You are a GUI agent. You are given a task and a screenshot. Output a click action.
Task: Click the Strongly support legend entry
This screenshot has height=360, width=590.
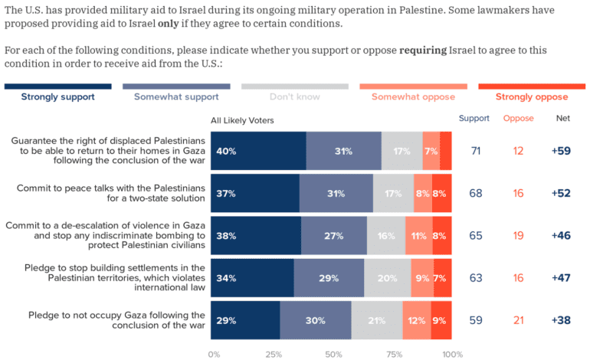point(57,97)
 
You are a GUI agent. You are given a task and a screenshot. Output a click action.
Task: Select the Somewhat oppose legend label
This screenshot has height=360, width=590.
point(413,97)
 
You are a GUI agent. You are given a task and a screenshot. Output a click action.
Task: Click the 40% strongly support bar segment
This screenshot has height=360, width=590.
point(259,151)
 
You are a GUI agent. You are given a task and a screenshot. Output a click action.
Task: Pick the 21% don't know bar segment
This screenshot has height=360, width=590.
point(376,319)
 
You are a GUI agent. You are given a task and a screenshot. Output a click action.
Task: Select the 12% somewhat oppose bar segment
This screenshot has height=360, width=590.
point(417,319)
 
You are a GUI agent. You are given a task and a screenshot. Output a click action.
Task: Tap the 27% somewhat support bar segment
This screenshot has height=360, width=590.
point(333,236)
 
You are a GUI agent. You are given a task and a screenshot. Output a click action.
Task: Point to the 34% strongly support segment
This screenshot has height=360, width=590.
point(253,278)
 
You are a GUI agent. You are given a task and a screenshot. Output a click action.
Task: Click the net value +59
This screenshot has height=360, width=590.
point(562,151)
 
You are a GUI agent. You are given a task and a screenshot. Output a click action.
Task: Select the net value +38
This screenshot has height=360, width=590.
point(562,319)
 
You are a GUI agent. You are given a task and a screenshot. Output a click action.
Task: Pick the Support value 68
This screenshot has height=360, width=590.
point(476,193)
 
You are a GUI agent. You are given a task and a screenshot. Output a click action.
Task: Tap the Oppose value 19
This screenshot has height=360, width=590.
point(519,236)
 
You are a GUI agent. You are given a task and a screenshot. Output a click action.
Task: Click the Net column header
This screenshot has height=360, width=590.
point(562,119)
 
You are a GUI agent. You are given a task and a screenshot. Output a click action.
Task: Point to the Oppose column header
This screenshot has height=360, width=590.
point(518,119)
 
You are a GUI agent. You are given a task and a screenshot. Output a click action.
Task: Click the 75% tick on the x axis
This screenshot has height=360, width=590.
point(393,354)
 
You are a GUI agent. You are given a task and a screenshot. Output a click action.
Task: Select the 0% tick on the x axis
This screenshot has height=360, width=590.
point(214,354)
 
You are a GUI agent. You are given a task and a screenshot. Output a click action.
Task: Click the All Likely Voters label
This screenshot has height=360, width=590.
point(242,120)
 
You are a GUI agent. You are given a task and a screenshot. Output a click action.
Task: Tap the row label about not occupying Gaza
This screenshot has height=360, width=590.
point(116,319)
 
